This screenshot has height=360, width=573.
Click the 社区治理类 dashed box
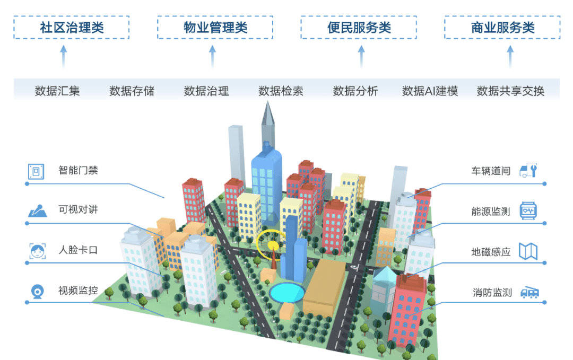click(71, 28)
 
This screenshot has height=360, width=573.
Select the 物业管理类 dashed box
click(215, 28)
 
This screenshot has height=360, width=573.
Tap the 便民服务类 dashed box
click(359, 28)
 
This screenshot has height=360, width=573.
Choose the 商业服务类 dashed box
click(502, 28)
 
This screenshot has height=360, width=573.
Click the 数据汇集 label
click(57, 91)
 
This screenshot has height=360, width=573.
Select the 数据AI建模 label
click(430, 91)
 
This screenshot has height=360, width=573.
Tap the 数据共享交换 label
click(510, 91)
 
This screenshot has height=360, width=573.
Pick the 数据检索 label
click(281, 91)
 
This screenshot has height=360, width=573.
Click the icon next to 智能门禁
click(36, 171)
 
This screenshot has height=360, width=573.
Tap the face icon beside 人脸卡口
click(36, 250)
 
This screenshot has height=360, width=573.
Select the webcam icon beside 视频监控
click(37, 291)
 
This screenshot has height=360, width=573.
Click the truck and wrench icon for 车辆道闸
click(528, 170)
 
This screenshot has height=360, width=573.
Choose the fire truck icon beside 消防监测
click(529, 292)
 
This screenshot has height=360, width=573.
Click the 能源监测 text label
click(491, 212)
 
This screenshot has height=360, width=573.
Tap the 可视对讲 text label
click(78, 209)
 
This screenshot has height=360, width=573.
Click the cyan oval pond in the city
click(286, 292)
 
